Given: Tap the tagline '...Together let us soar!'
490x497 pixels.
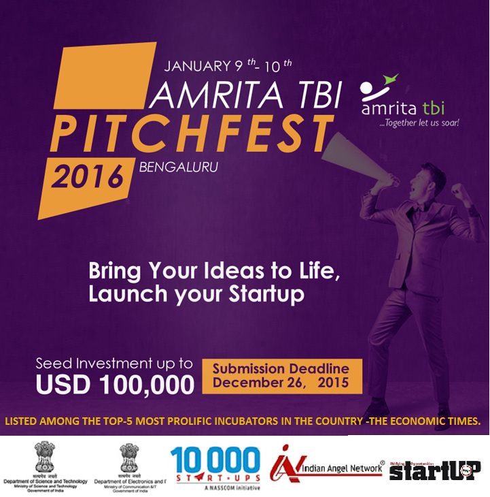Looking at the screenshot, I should pyautogui.click(x=419, y=123).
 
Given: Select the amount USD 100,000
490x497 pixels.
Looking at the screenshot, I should pyautogui.click(x=116, y=384).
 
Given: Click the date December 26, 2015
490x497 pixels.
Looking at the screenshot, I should pyautogui.click(x=281, y=383).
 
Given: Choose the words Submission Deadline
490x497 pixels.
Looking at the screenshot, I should pyautogui.click(x=281, y=369).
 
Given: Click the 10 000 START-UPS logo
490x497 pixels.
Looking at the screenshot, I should pyautogui.click(x=215, y=465).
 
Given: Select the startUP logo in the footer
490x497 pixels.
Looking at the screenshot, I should pyautogui.click(x=435, y=469).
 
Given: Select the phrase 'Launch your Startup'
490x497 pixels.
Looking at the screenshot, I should pyautogui.click(x=196, y=295).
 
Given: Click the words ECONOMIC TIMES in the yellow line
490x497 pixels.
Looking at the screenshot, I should pyautogui.click(x=437, y=422).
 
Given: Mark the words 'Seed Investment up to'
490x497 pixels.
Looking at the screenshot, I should pyautogui.click(x=114, y=364).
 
